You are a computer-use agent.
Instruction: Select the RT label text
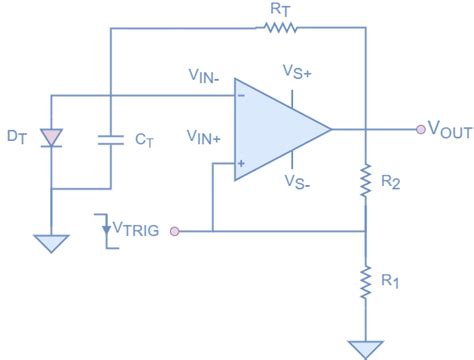click(280, 9)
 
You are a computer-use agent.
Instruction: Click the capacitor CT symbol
click(110, 142)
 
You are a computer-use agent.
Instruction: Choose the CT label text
click(144, 141)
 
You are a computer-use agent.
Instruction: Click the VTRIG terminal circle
click(175, 231)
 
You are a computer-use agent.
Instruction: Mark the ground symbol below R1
click(367, 347)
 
